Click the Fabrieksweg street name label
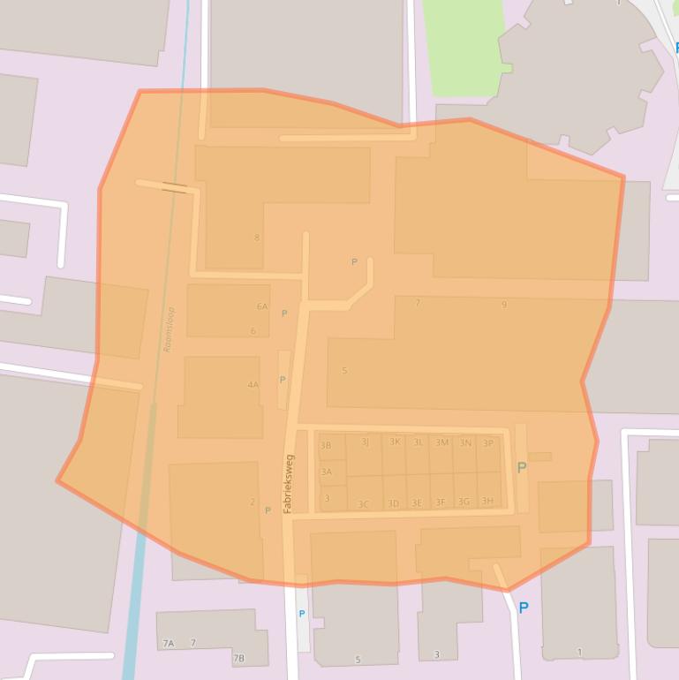click(x=288, y=484)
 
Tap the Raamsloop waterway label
click(x=170, y=329)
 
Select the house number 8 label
click(x=257, y=238)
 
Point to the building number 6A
click(x=261, y=306)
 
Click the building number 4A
click(x=253, y=385)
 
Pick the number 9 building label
click(x=504, y=305)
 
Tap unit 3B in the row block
click(x=326, y=446)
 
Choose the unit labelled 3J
click(x=365, y=442)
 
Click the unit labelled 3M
click(x=441, y=442)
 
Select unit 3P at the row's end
click(x=488, y=443)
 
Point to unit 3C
click(x=363, y=504)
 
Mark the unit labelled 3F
click(x=441, y=502)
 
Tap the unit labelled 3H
click(x=487, y=502)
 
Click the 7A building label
click(x=168, y=644)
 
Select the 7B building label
click(x=238, y=658)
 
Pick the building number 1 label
click(x=579, y=653)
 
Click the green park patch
click(x=461, y=44)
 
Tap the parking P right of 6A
click(x=284, y=314)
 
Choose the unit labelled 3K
click(x=395, y=442)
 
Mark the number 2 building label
click(x=253, y=502)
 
